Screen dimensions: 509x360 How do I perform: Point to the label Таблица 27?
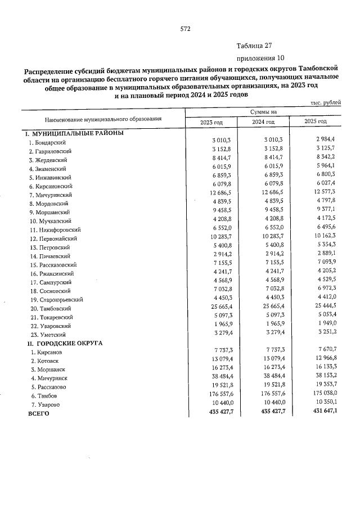point(254,46)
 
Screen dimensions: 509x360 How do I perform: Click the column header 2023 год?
point(212,122)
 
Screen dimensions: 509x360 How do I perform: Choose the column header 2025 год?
point(315,122)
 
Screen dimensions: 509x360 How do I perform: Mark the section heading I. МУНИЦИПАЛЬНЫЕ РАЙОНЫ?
point(73,134)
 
